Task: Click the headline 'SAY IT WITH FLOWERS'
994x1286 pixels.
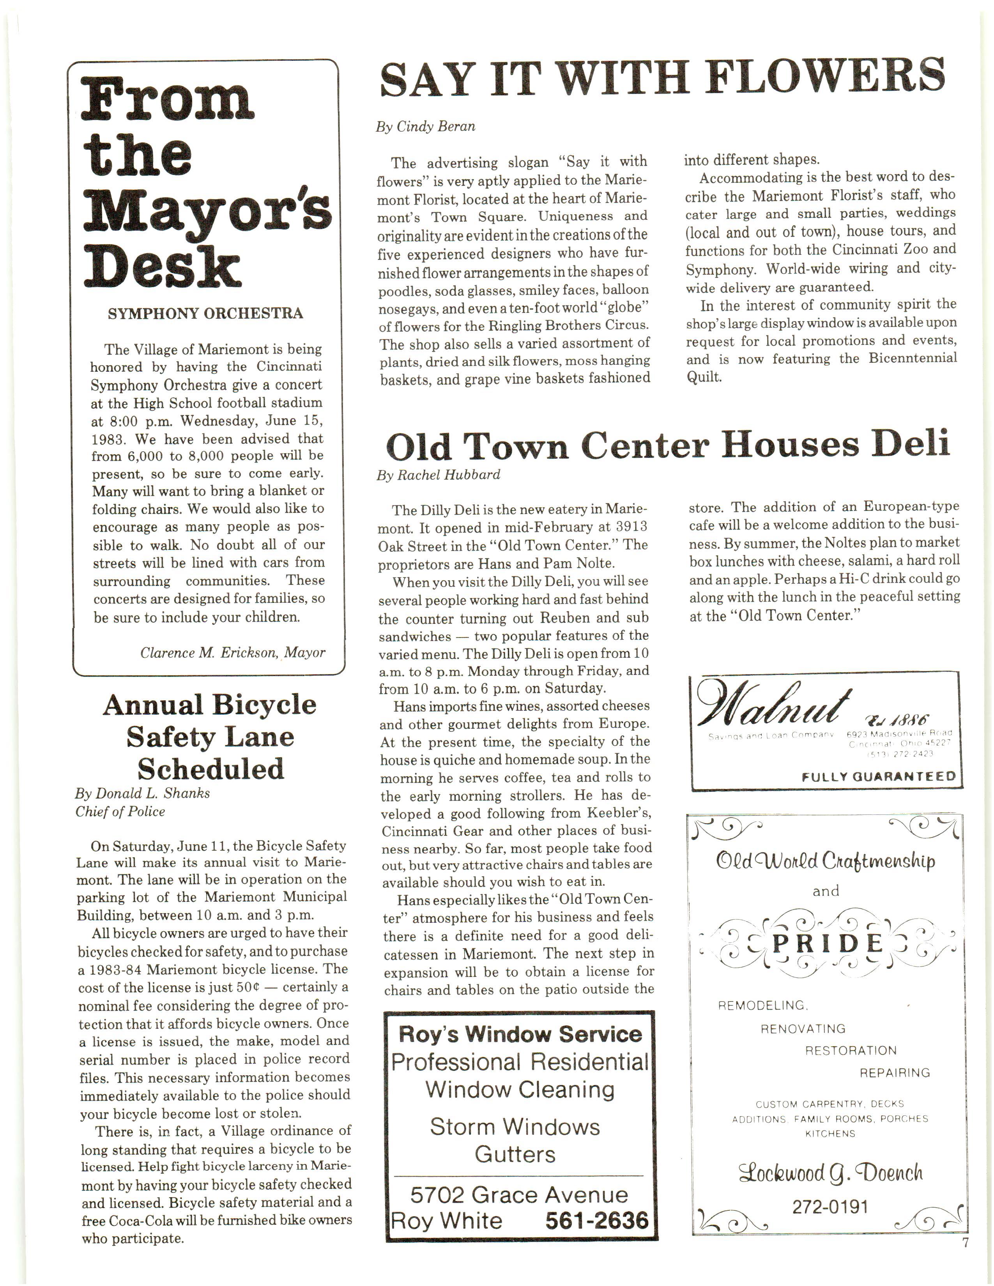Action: (662, 77)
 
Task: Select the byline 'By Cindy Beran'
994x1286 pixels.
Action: (425, 127)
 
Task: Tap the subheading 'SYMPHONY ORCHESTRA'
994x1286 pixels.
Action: (205, 313)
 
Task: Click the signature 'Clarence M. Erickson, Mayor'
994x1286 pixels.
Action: (233, 652)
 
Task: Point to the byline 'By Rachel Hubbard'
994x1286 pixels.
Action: (438, 475)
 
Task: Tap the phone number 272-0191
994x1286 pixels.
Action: (830, 1207)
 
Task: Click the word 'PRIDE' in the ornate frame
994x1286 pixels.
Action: (827, 944)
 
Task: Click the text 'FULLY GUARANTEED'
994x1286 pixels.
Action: (878, 776)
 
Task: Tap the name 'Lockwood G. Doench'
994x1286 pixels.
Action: (830, 1173)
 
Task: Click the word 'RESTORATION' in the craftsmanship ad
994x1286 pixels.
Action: (850, 1051)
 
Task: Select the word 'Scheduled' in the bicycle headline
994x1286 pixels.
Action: (210, 768)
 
